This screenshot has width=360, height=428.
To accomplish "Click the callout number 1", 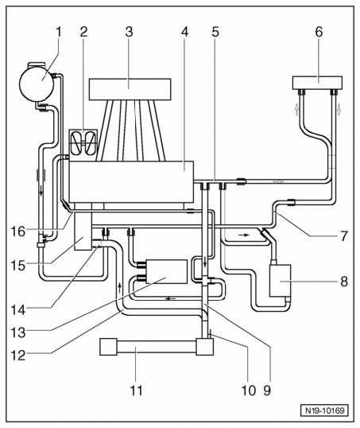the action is coord(59,32).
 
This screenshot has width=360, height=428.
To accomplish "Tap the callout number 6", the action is coord(319,32).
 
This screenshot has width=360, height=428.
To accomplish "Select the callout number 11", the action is coord(137,391).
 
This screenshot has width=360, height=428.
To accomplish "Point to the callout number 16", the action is coord(18,232).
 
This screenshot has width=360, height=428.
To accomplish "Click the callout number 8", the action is coord(344,282).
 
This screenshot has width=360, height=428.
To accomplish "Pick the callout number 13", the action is coord(18,333).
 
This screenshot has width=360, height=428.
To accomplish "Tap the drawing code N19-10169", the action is coord(324,410).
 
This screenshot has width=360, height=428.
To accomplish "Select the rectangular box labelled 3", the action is coord(130,90).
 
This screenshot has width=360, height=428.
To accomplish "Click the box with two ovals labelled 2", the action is coord(83,144).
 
